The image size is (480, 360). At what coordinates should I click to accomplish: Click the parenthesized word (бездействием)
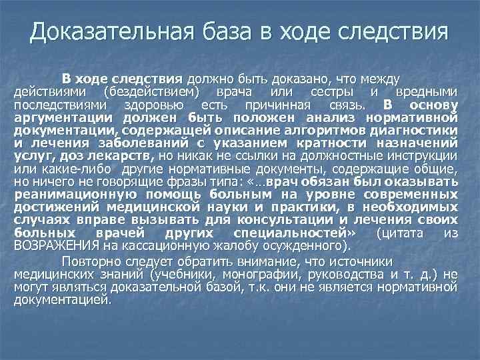point(152,93)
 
